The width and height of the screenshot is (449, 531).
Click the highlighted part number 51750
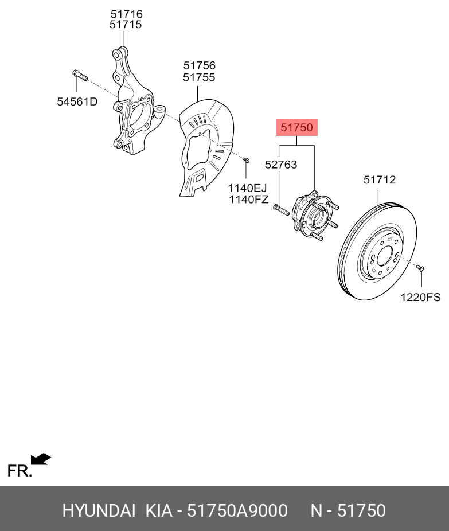coord(297,128)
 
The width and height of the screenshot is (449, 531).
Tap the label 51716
coord(126,14)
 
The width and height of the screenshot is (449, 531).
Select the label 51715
coord(126,25)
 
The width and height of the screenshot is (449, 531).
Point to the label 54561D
coord(77,102)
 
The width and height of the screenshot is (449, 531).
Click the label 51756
coord(199,66)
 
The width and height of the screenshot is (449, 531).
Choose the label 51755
coord(199,77)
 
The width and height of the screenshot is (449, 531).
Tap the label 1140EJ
coord(248,188)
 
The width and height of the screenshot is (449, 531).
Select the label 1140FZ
coord(248,200)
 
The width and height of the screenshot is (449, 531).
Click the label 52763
coord(281,165)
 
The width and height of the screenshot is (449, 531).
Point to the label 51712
coord(380,180)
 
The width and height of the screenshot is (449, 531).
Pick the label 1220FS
coord(420,297)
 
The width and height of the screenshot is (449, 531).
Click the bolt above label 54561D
coord(79,75)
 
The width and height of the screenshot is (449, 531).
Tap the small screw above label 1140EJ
coord(245,160)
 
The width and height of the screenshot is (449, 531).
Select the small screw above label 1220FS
coord(420,267)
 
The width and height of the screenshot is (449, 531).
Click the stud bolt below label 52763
coord(280,209)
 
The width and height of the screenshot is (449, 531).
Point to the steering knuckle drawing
coord(133,109)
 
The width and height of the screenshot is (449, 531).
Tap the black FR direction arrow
coord(40,459)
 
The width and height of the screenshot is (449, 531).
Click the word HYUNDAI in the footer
coord(99,510)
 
